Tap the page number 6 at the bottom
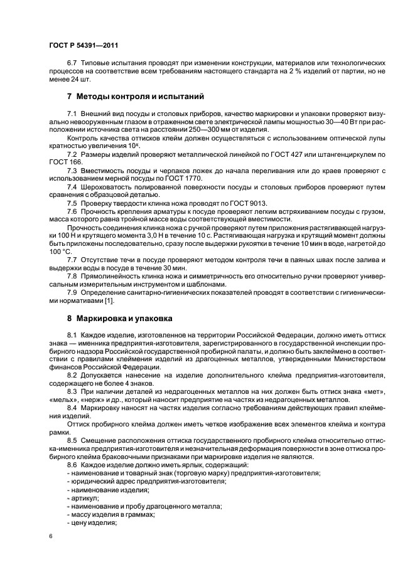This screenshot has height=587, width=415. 51,536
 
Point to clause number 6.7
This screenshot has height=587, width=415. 72,63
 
